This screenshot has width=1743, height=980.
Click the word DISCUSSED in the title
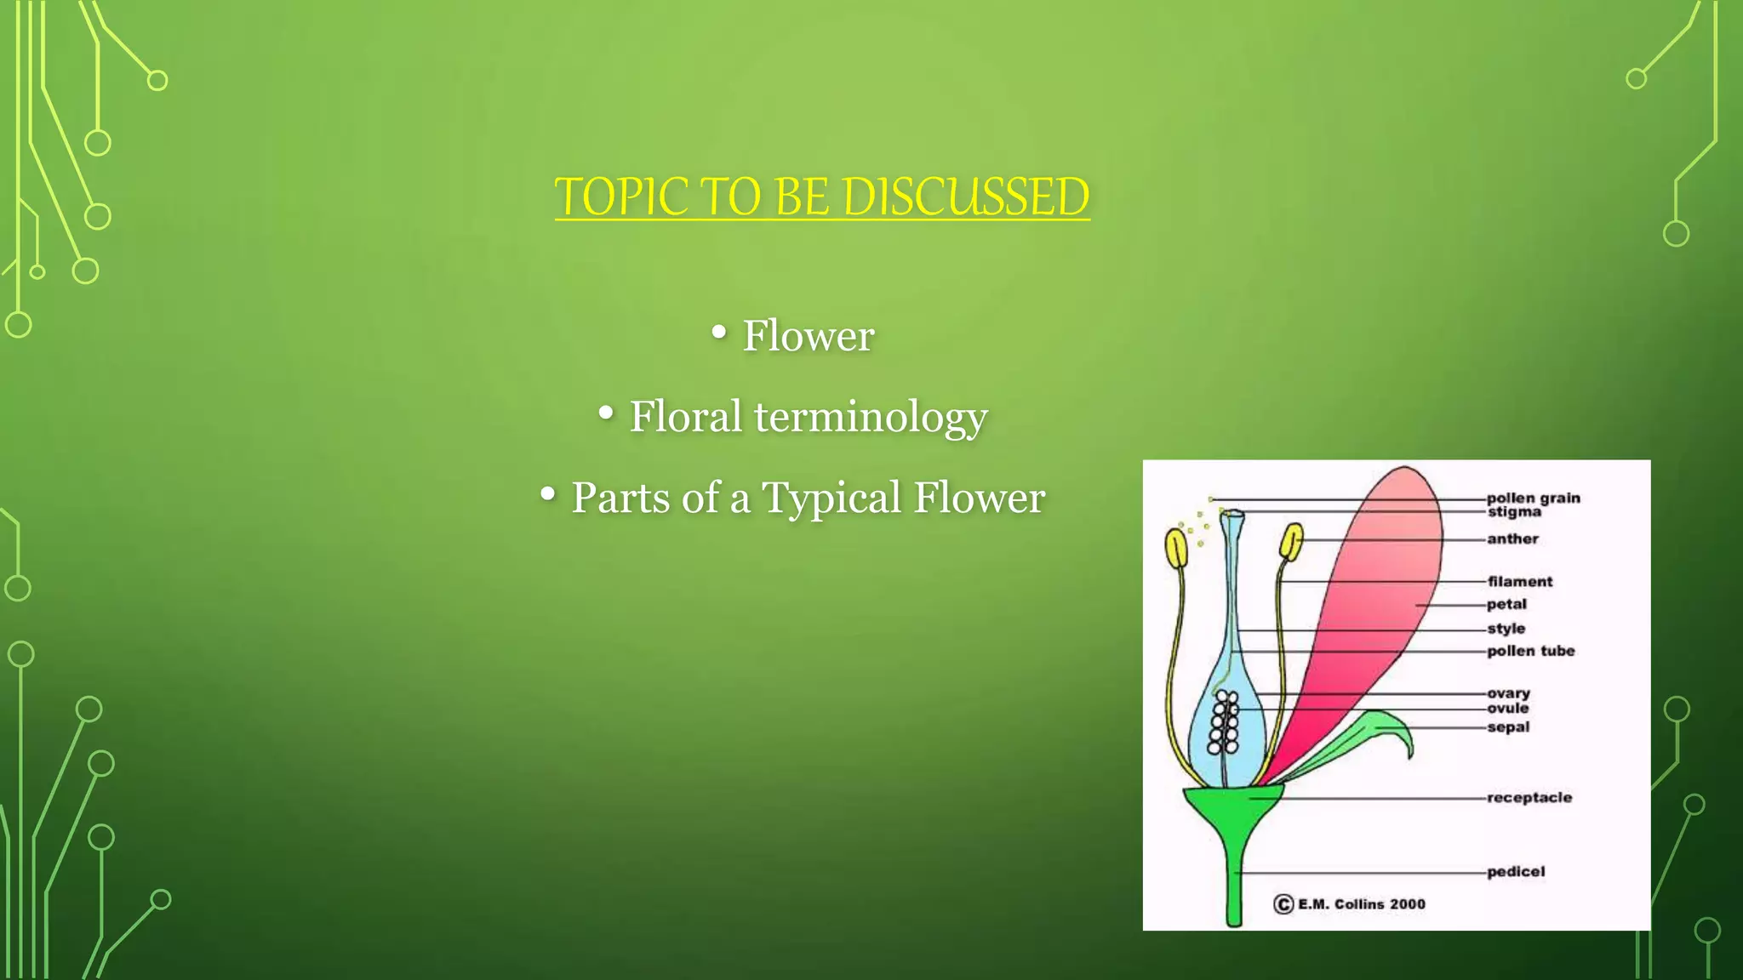click(965, 197)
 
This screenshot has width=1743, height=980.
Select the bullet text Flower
click(808, 335)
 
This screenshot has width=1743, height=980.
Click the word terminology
click(871, 417)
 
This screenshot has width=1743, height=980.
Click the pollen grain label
click(1533, 498)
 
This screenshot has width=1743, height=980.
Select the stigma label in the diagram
click(1514, 512)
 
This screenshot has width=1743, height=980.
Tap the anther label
click(1512, 538)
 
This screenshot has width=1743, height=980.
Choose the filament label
click(1520, 582)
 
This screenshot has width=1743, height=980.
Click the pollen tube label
click(1530, 651)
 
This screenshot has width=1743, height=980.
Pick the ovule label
click(1507, 708)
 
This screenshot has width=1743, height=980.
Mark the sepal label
click(1508, 727)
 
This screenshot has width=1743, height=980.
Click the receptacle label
click(1529, 798)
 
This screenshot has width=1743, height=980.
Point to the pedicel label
click(1515, 872)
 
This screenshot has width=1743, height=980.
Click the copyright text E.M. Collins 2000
click(1360, 904)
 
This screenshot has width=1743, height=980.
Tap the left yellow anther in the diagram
click(1176, 549)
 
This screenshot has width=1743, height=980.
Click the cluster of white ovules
click(1225, 723)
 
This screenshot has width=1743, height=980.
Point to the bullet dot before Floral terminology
click(606, 413)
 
